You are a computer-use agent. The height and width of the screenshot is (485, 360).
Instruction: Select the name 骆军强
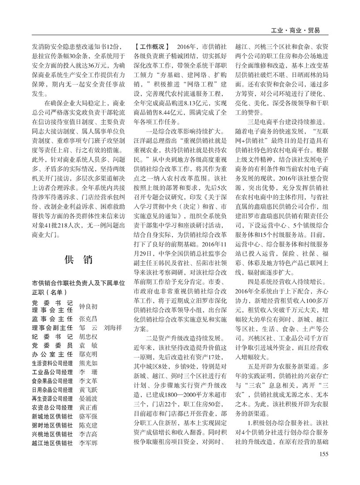pos(88,416)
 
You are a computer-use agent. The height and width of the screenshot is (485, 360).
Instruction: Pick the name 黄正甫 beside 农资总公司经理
pos(88,407)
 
